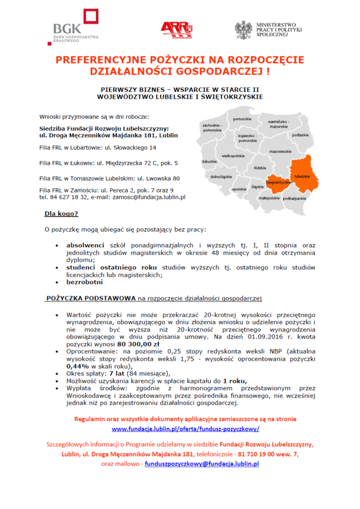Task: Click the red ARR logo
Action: point(176,30)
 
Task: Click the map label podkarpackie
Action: point(294,198)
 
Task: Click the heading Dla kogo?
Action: point(61,214)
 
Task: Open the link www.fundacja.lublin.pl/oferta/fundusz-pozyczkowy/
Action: point(185,428)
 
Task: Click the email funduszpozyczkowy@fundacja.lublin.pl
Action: point(202,464)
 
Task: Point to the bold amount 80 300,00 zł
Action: point(138,343)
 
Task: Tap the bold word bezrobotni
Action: point(85,282)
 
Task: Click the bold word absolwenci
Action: point(85,245)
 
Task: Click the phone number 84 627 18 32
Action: point(68,197)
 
